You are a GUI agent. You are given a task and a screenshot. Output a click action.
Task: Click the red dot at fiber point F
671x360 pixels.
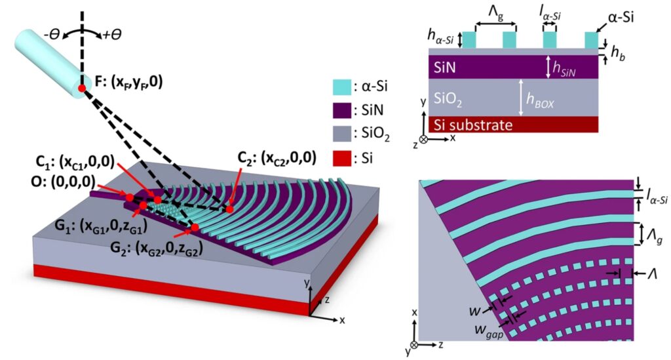[81, 89]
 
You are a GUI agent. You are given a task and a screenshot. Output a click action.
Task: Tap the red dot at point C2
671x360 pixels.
[230, 209]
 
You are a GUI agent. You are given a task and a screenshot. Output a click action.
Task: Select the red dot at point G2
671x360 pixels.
[195, 228]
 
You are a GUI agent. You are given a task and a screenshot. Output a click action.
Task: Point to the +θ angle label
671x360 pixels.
[112, 35]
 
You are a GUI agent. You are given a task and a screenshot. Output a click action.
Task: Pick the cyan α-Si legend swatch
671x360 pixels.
[342, 87]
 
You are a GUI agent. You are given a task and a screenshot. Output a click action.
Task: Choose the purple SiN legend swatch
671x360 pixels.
[342, 110]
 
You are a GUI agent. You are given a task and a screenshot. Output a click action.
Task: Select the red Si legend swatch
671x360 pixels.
[342, 159]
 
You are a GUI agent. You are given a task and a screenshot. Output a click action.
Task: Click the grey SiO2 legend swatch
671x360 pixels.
[342, 134]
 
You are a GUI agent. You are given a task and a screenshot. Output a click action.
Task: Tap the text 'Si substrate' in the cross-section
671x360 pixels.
[473, 125]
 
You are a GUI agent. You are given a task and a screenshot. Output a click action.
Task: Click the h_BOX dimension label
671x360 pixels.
[540, 100]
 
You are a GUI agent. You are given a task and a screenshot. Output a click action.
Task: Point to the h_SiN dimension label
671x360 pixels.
[564, 68]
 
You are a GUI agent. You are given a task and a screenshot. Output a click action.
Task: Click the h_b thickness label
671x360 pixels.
[617, 52]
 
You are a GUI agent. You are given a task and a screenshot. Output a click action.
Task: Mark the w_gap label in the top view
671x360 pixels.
[489, 331]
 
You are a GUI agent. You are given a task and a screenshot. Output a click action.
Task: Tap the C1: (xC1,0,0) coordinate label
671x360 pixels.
[75, 161]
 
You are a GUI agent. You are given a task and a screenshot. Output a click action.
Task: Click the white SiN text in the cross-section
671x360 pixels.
[445, 67]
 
